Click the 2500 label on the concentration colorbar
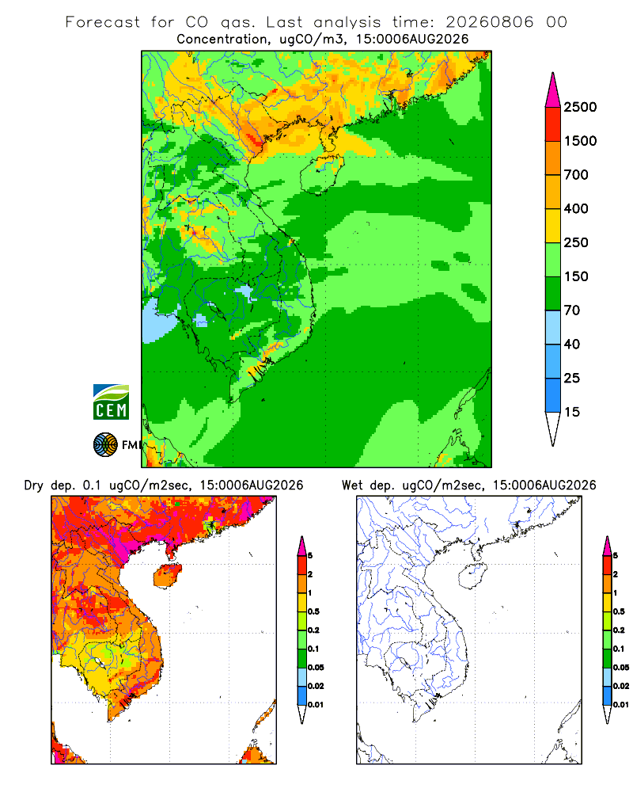coord(580,107)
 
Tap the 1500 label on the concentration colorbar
coord(580,141)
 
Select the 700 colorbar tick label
coord(576,175)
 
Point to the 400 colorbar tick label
coord(576,208)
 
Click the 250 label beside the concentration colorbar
coord(576,242)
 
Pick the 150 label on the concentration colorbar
coord(576,276)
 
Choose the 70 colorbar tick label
coord(572,310)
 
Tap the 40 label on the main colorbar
coord(572,344)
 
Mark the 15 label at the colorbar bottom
coord(572,412)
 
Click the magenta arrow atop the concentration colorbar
coord(553,91)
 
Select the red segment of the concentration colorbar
coord(553,124)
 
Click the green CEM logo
coord(111,402)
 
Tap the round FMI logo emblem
coord(105,445)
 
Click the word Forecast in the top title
coord(103,22)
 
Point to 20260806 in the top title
coord(489,22)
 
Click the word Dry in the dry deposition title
coord(34,485)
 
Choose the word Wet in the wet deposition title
coord(352,485)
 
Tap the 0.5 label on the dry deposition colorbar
coord(313,611)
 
